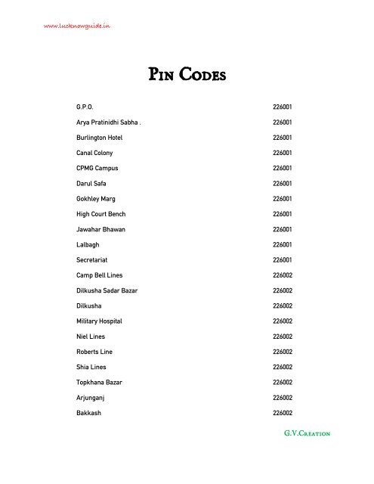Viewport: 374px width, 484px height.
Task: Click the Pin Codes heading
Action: tap(187, 76)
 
